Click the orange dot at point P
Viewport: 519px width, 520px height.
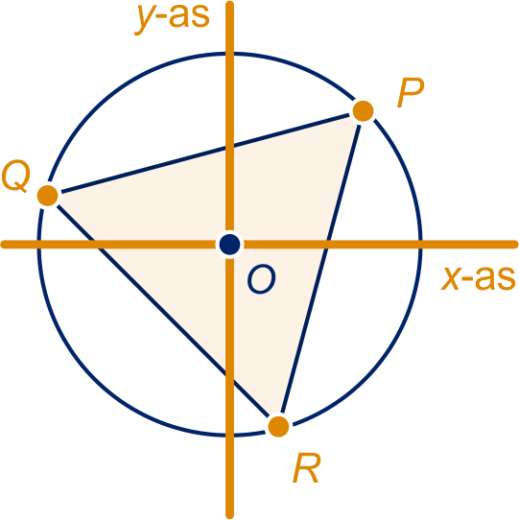click(364, 110)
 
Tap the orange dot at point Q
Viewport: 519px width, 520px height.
click(48, 196)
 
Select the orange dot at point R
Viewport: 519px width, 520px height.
click(278, 426)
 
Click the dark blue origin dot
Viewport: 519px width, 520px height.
click(229, 245)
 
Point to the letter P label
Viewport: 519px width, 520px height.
click(411, 93)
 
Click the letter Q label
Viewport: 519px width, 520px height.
click(16, 177)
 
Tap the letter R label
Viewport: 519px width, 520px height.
click(307, 468)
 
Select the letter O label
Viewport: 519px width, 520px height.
click(261, 279)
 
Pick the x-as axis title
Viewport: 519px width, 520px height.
click(478, 278)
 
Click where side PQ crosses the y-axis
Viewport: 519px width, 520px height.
click(229, 147)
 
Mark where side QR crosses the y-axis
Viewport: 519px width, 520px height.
click(229, 378)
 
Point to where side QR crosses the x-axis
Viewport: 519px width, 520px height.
click(97, 245)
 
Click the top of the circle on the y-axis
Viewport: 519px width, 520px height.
click(229, 53)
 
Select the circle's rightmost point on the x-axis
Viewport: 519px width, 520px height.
click(420, 245)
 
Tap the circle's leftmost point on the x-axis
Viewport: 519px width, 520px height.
click(38, 245)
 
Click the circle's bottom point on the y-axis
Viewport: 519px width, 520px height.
click(229, 436)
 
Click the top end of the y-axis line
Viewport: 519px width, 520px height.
click(229, 2)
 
